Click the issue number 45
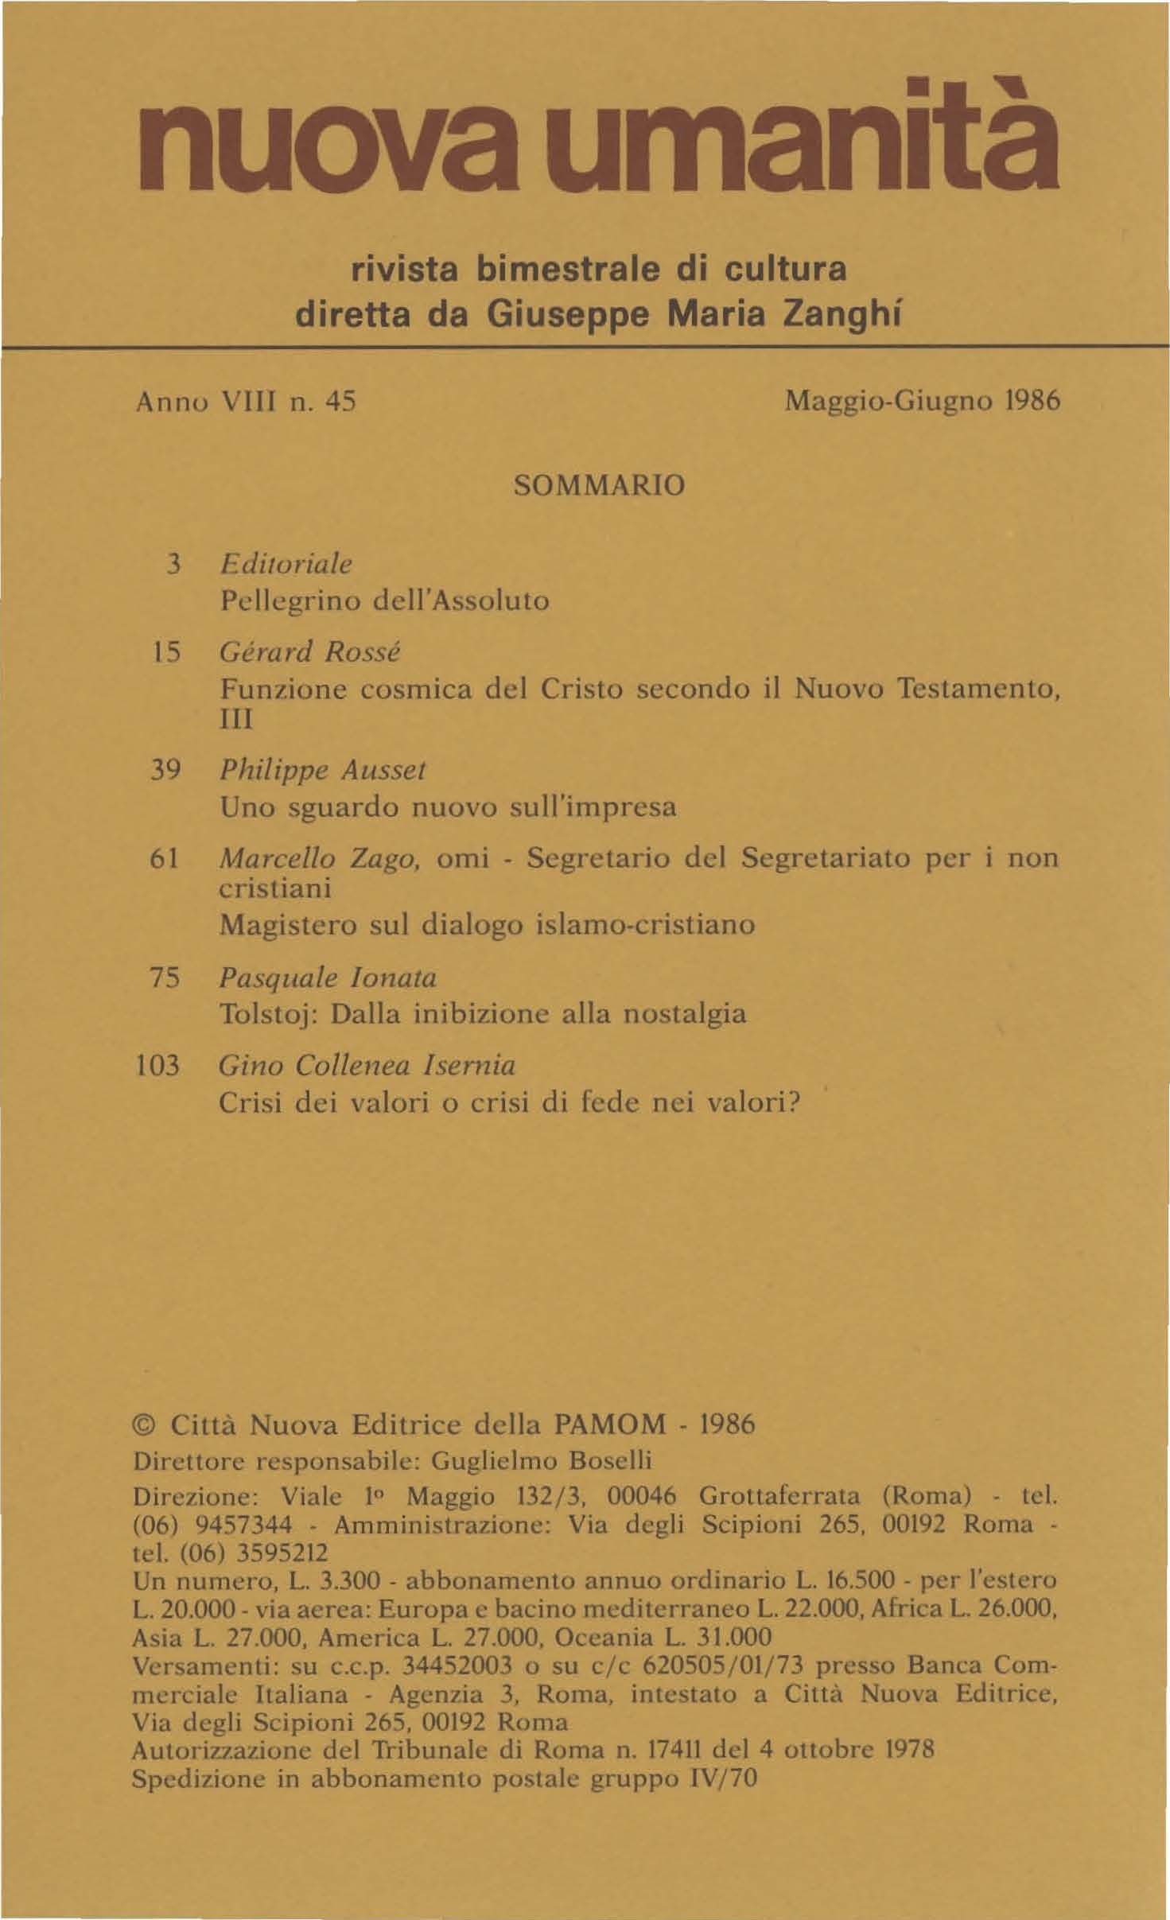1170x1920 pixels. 341,402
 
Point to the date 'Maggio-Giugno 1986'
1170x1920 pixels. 923,402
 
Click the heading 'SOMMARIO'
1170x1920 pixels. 599,485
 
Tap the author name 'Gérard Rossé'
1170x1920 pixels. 310,652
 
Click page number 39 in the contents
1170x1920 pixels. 167,770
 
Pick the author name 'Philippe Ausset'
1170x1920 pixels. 323,770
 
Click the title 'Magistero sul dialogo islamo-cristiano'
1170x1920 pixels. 487,924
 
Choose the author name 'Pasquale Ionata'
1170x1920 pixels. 328,977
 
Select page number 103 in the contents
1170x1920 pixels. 159,1065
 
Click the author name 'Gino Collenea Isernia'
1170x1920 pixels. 367,1065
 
